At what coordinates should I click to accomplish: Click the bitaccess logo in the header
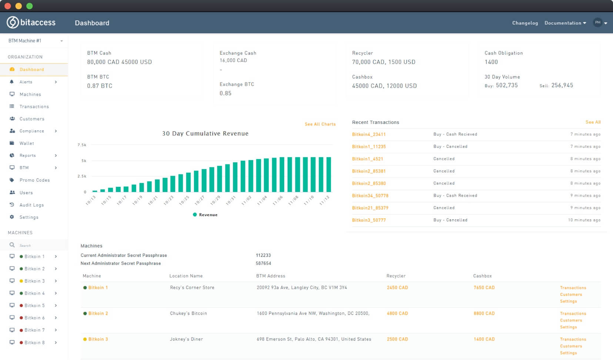pyautogui.click(x=31, y=23)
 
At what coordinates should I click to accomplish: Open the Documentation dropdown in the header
pyautogui.click(x=565, y=23)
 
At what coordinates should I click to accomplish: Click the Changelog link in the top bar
pyautogui.click(x=525, y=23)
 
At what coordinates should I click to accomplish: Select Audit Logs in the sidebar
pyautogui.click(x=31, y=205)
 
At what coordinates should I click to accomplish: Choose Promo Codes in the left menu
pyautogui.click(x=34, y=180)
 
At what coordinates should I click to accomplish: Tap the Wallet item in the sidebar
pyautogui.click(x=27, y=143)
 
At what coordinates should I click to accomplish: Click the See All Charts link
pyautogui.click(x=320, y=124)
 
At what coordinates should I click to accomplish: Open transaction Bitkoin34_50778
pyautogui.click(x=370, y=196)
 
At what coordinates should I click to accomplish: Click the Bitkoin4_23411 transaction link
pyautogui.click(x=369, y=134)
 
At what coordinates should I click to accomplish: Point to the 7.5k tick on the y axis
pyautogui.click(x=82, y=145)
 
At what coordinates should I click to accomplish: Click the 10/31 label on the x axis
pyautogui.click(x=231, y=201)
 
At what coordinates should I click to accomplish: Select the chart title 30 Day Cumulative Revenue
pyautogui.click(x=205, y=134)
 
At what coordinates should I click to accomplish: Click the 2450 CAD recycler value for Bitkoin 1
pyautogui.click(x=397, y=287)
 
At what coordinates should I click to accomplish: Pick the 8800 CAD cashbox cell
pyautogui.click(x=484, y=313)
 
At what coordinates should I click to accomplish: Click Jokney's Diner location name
pyautogui.click(x=186, y=339)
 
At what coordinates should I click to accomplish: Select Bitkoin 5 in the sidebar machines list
pyautogui.click(x=34, y=306)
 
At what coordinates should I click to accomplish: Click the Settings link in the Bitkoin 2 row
pyautogui.click(x=568, y=327)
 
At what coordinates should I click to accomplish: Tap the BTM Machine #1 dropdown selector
pyautogui.click(x=35, y=41)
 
